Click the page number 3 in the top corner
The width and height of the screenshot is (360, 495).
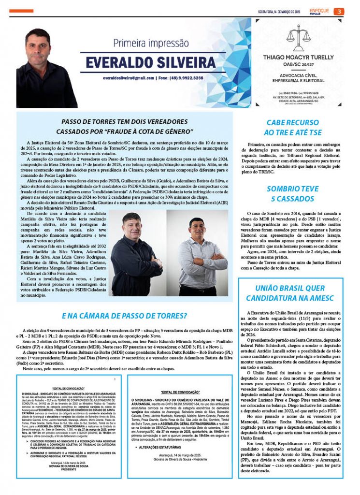[340, 12]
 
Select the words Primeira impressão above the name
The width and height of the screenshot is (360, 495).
[151, 44]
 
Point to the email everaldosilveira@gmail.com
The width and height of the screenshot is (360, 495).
[130, 78]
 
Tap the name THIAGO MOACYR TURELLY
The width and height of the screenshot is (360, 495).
[301, 57]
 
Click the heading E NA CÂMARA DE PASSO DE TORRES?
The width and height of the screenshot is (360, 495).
[124, 316]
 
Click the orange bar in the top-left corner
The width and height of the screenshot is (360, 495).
[21, 11]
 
